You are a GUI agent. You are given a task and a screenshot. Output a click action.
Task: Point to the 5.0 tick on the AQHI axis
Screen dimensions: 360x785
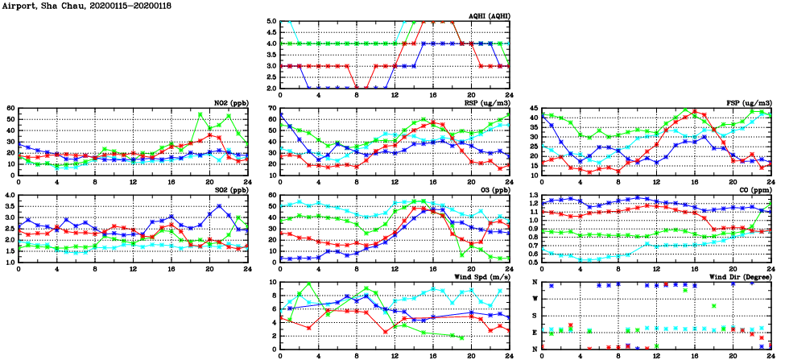(271, 22)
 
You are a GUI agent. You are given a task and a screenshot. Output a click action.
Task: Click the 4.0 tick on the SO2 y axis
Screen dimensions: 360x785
(9, 196)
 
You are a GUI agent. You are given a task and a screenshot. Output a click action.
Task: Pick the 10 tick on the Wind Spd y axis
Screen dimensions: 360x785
(272, 283)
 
